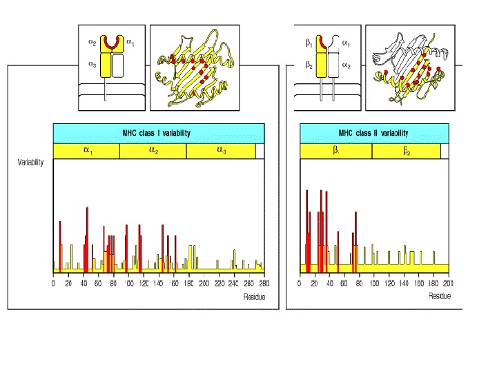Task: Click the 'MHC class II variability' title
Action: click(x=373, y=133)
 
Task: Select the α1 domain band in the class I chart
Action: click(x=86, y=151)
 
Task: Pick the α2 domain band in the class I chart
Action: click(x=153, y=151)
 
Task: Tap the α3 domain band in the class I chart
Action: click(x=221, y=151)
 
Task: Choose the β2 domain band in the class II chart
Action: click(x=406, y=151)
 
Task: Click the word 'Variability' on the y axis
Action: click(x=30, y=163)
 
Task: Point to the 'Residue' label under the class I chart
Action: click(x=253, y=296)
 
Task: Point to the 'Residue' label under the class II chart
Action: click(x=439, y=296)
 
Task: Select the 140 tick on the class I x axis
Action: click(x=159, y=283)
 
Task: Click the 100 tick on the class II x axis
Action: click(x=374, y=283)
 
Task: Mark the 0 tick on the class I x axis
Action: click(x=53, y=283)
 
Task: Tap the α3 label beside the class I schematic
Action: click(x=92, y=64)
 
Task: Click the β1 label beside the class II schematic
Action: click(x=309, y=43)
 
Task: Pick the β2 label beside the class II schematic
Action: click(x=309, y=65)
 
